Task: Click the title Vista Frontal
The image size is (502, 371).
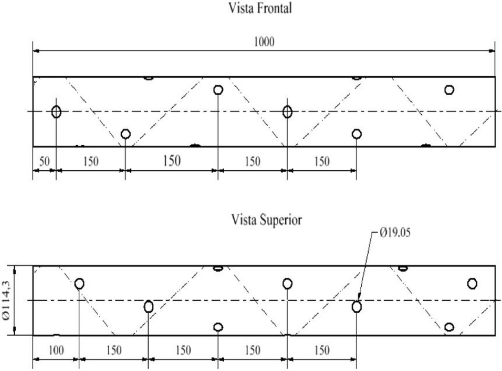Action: (x=260, y=8)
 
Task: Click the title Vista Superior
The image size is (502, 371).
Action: (x=266, y=220)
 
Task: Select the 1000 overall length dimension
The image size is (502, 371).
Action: (x=264, y=42)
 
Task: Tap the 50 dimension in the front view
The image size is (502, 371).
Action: (x=44, y=161)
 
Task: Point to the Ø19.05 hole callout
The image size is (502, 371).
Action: (x=395, y=233)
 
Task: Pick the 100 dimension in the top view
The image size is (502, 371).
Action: (x=56, y=351)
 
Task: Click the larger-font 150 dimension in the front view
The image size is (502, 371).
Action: (x=172, y=161)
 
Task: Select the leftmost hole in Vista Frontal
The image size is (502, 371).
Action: (x=56, y=112)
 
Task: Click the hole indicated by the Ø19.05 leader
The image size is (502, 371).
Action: (x=357, y=307)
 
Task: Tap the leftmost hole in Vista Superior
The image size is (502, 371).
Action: (x=79, y=284)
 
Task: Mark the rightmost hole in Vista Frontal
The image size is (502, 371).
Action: (x=449, y=90)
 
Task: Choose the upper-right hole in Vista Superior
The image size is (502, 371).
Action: (x=472, y=284)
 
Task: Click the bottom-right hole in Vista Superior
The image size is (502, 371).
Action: (x=450, y=327)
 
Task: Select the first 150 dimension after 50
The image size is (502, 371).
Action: (x=91, y=161)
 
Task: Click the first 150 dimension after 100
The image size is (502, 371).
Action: (x=114, y=351)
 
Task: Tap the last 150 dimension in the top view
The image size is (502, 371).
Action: (x=322, y=351)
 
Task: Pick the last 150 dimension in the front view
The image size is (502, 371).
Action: (x=322, y=161)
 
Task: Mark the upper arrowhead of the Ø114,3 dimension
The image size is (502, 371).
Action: (x=14, y=269)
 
